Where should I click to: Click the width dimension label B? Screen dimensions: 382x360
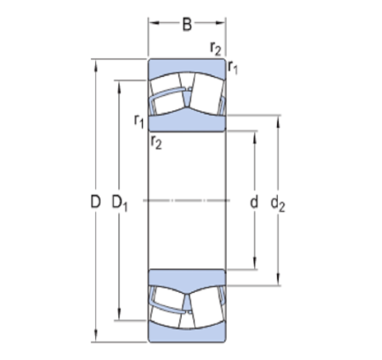(x=187, y=25)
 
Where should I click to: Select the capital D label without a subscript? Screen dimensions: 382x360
(x=95, y=202)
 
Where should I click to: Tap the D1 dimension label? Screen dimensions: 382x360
(x=120, y=203)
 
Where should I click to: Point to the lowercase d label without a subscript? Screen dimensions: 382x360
(x=254, y=202)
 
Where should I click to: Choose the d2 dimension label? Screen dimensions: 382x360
(x=278, y=203)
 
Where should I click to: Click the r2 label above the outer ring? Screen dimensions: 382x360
(x=215, y=49)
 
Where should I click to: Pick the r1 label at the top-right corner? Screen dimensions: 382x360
(x=233, y=67)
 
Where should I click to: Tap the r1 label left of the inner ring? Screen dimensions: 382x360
(x=139, y=121)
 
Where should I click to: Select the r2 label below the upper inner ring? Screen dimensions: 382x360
(x=156, y=142)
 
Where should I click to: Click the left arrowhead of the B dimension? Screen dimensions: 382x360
(x=154, y=23)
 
